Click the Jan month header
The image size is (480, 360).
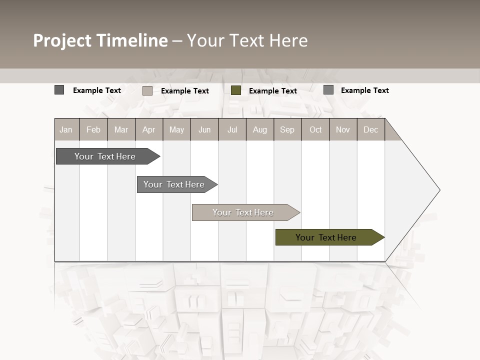point(66,129)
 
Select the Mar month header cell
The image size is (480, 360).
point(121,129)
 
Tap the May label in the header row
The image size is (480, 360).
point(176,129)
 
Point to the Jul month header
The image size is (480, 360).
point(232,129)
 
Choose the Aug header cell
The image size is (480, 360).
point(260,129)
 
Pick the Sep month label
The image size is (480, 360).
point(287,129)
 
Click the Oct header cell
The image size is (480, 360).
point(315,129)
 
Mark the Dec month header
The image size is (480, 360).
point(371,129)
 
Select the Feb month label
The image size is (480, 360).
point(93,129)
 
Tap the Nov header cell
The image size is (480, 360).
point(343,129)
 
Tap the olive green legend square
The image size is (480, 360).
point(236,90)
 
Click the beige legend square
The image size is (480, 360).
point(147,90)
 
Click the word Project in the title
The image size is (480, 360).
point(62,40)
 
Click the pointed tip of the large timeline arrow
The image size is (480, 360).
point(439,190)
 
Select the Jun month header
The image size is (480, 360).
point(204,129)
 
